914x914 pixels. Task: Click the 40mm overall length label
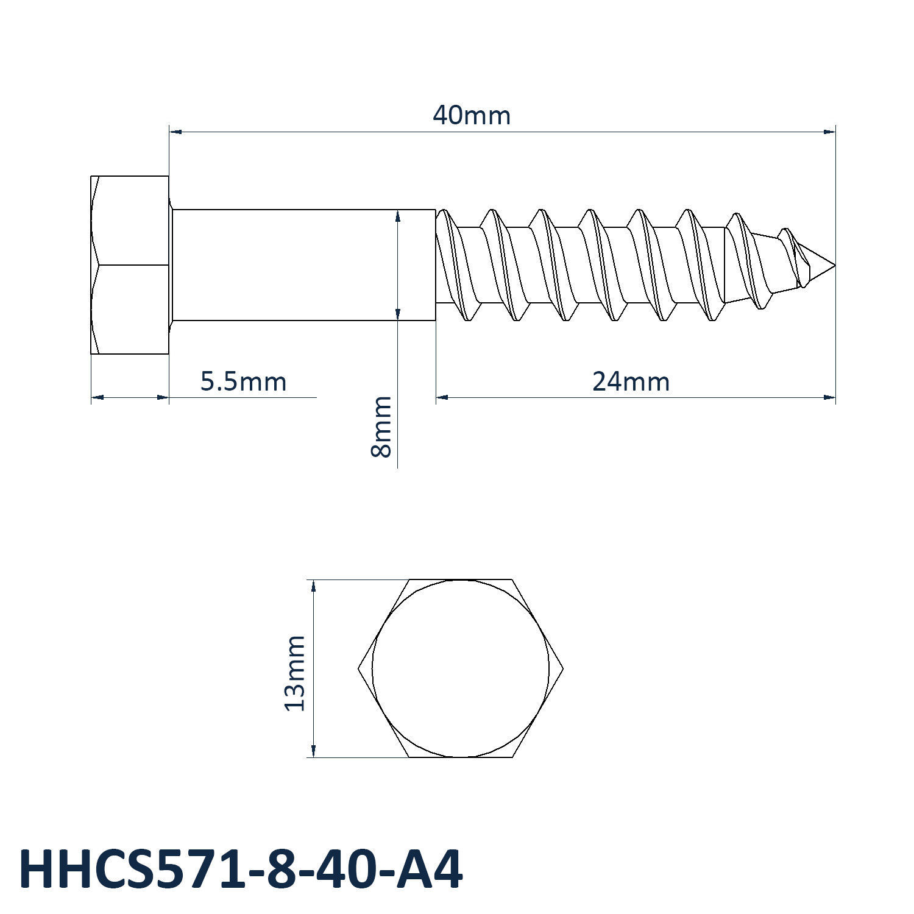(x=472, y=115)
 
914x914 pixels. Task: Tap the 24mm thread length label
(x=631, y=382)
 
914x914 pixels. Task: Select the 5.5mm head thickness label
(x=243, y=382)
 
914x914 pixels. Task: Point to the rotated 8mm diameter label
(x=381, y=427)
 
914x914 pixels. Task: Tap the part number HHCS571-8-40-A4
(x=241, y=870)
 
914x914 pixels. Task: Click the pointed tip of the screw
(x=835, y=265)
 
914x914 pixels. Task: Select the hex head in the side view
(x=130, y=265)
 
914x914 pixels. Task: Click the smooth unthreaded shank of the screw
(x=303, y=265)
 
